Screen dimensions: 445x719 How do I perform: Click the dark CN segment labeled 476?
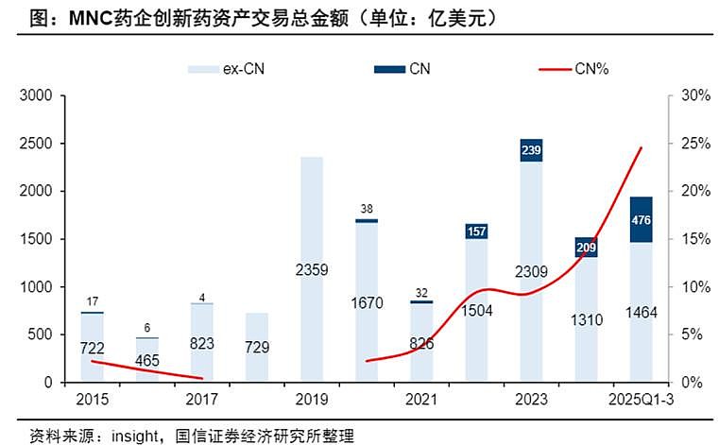tap(641, 219)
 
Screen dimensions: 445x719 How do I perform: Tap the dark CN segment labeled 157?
tap(476, 231)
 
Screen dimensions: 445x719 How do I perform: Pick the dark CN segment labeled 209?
tap(587, 247)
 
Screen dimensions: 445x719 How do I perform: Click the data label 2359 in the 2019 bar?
tap(312, 271)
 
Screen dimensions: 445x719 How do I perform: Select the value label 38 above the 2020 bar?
tap(367, 209)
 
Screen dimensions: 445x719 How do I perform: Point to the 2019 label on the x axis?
tap(312, 400)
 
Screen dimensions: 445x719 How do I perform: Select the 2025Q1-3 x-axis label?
tap(642, 400)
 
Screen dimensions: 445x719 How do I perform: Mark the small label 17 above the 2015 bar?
tap(92, 302)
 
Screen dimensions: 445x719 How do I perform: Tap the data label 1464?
tap(642, 313)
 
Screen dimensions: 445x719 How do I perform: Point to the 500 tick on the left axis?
tap(42, 334)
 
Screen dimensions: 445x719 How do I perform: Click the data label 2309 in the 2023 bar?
tap(532, 272)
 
